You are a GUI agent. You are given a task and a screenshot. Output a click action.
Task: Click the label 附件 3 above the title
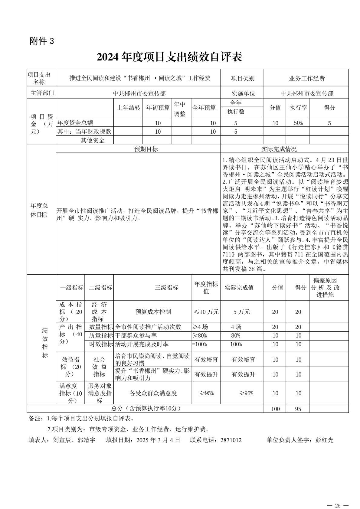point(42,41)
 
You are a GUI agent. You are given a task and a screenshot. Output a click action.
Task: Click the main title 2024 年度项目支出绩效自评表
point(169,57)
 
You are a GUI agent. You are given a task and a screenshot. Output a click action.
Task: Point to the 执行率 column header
point(298,108)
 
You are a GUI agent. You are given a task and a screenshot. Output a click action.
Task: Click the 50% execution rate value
point(298,123)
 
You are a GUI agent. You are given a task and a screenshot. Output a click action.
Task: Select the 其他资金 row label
point(93,140)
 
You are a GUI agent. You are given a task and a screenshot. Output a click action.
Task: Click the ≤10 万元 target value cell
point(206,312)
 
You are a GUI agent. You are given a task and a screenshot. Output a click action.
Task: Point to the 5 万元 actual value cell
point(241,312)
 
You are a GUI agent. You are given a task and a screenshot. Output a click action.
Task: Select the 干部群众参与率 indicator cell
point(136,335)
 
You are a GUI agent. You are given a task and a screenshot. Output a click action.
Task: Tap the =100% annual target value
point(199,344)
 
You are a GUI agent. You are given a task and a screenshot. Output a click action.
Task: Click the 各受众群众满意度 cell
point(153,393)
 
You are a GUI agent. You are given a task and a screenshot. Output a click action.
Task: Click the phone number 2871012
point(231,440)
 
